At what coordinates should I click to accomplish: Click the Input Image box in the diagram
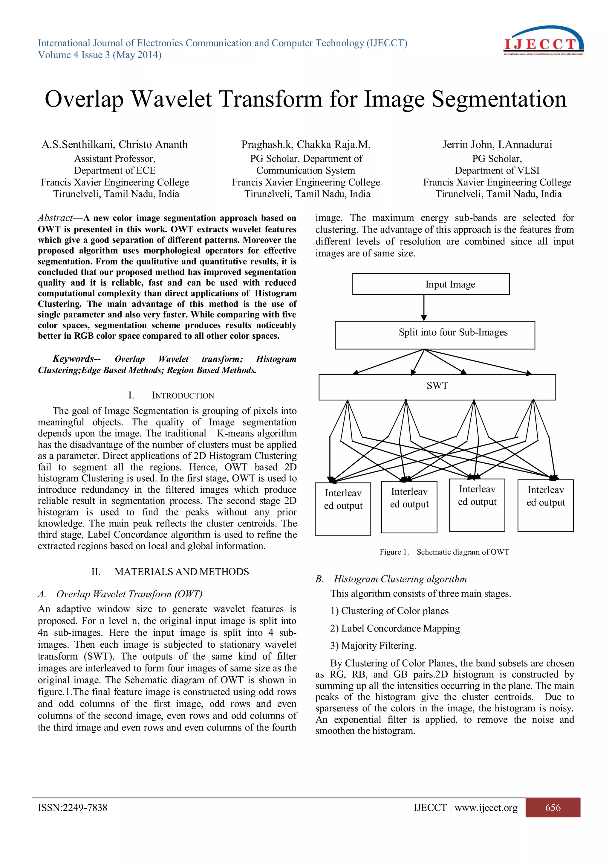pos(430,284)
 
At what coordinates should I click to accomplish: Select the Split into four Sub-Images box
pos(434,335)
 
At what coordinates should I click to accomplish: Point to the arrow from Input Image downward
pos(424,308)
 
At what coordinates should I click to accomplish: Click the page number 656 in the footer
pos(553,808)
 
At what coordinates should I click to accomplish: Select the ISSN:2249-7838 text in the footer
pos(72,808)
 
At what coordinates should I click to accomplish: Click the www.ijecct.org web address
pos(486,808)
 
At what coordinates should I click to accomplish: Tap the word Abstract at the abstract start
pos(55,218)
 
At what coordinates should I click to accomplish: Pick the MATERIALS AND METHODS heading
pos(181,572)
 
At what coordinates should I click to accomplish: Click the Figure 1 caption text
pos(444,552)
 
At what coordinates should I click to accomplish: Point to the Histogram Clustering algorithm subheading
pos(400,579)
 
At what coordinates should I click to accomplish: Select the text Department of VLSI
pos(497,171)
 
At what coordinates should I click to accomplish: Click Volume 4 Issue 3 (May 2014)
pos(100,55)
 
